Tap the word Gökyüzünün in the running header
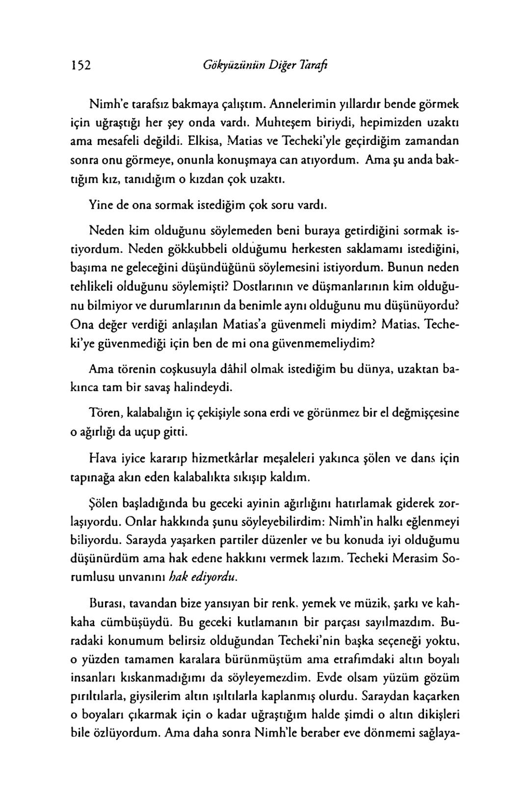coord(229,65)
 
